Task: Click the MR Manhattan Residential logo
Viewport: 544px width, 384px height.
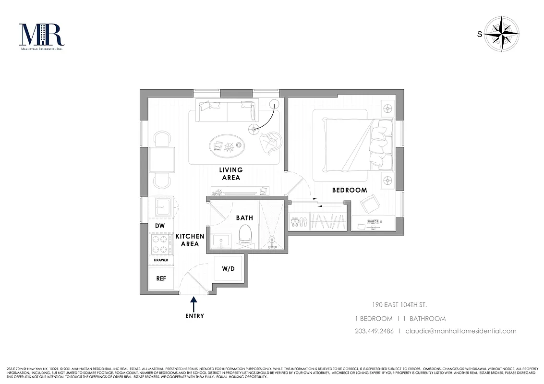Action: (x=42, y=36)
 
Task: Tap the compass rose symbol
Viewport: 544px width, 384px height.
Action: (x=502, y=34)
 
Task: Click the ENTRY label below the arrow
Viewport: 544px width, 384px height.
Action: (x=194, y=316)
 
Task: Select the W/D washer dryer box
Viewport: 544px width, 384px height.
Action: (x=228, y=268)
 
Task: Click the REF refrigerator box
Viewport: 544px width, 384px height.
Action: (x=161, y=278)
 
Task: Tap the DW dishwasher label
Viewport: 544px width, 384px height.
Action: (x=159, y=226)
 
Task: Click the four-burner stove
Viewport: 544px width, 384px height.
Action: (x=161, y=244)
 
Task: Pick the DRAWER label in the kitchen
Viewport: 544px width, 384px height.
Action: (x=161, y=260)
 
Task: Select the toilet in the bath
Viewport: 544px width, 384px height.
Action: (x=246, y=234)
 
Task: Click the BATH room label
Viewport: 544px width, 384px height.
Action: (x=244, y=218)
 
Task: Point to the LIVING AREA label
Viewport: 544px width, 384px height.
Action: (x=231, y=174)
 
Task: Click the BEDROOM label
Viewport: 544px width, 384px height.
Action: (x=350, y=190)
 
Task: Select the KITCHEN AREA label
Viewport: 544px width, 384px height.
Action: (x=190, y=240)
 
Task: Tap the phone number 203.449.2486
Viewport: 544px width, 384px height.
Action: (x=374, y=331)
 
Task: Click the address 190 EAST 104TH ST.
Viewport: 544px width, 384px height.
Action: (x=400, y=305)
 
